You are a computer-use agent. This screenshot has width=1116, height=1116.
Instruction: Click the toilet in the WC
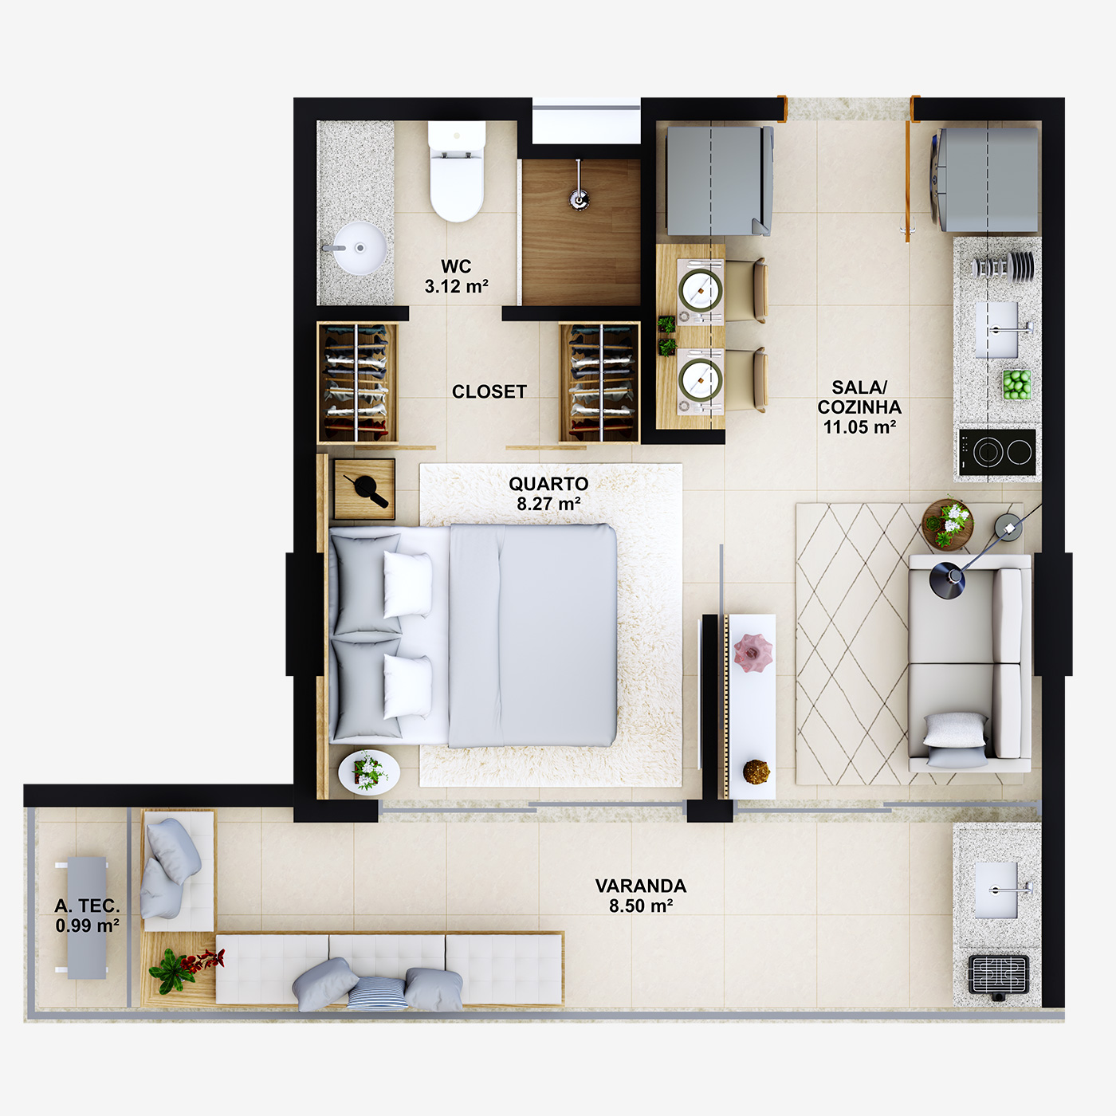pyautogui.click(x=456, y=172)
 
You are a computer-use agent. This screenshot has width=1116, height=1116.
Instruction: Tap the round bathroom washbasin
pyautogui.click(x=360, y=248)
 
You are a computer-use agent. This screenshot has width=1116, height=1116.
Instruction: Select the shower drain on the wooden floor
pyautogui.click(x=580, y=198)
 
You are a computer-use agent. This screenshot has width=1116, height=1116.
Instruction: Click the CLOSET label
pyautogui.click(x=489, y=391)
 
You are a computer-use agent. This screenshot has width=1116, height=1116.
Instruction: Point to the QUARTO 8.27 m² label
pyautogui.click(x=548, y=493)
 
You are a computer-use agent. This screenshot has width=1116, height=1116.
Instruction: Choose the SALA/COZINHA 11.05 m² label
pyautogui.click(x=859, y=407)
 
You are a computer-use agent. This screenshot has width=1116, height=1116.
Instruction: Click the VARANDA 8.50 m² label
pyautogui.click(x=641, y=895)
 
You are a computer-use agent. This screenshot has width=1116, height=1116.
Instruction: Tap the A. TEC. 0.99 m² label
pyautogui.click(x=87, y=915)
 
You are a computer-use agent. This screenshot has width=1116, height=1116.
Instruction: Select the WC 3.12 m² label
pyautogui.click(x=456, y=276)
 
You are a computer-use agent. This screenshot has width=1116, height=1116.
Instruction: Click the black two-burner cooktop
pyautogui.click(x=997, y=453)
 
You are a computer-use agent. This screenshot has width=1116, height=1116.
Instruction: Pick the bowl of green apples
pyautogui.click(x=1016, y=384)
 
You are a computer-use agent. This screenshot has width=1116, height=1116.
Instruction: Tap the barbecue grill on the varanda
pyautogui.click(x=998, y=974)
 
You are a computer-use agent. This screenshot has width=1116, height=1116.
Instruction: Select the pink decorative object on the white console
pyautogui.click(x=753, y=651)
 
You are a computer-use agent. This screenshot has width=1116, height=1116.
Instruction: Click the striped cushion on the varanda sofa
pyautogui.click(x=376, y=993)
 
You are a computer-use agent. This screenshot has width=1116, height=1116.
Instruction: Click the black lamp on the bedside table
pyautogui.click(x=365, y=489)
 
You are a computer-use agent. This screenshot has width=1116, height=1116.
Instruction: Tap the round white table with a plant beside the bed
pyautogui.click(x=368, y=771)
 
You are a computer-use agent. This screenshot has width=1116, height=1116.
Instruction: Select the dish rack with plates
pyautogui.click(x=1004, y=265)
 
